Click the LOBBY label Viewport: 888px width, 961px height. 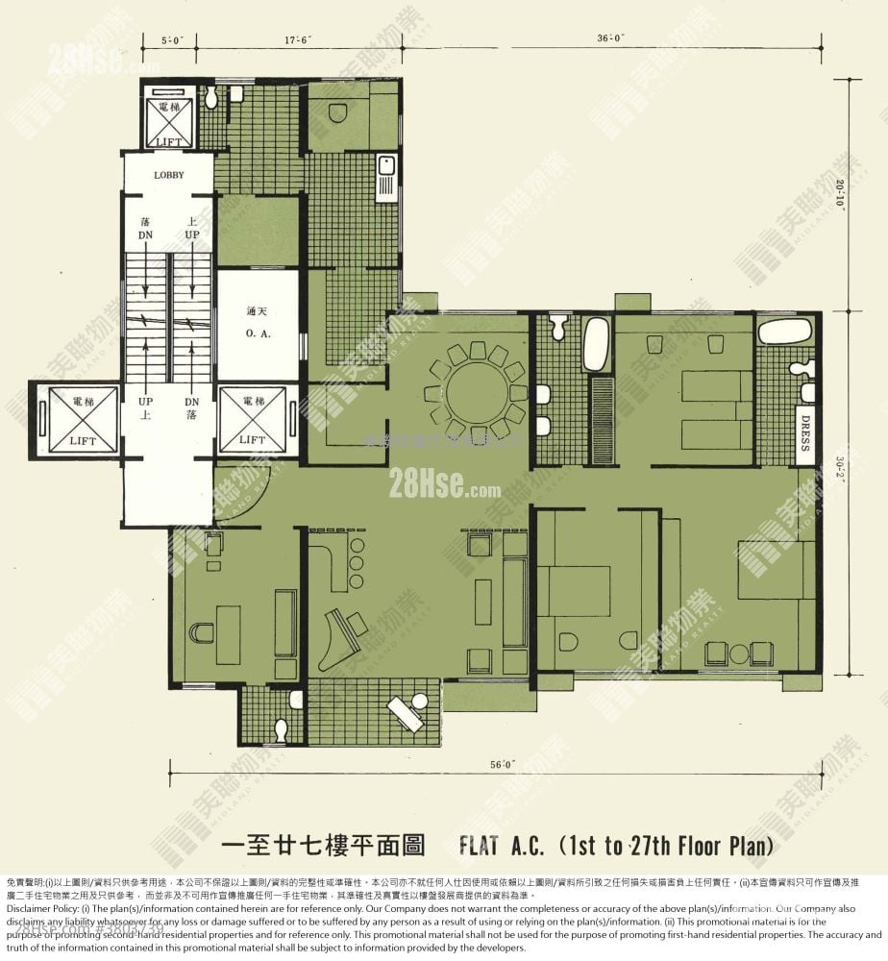(168, 175)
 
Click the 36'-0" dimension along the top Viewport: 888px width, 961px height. (610, 38)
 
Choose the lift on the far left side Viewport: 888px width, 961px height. (74, 418)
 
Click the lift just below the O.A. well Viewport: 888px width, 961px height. (253, 418)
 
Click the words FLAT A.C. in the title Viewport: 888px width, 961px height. (502, 847)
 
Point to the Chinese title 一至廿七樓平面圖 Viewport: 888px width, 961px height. (323, 847)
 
